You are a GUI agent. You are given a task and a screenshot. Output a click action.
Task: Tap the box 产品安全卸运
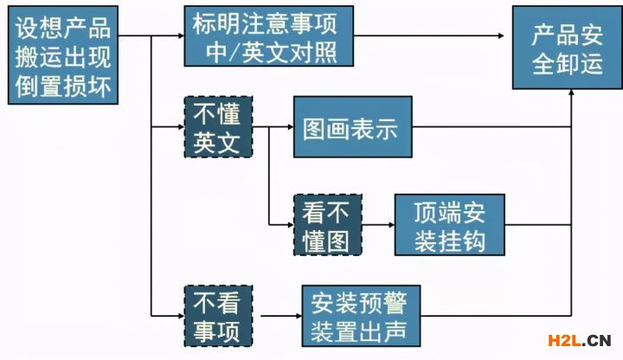[567, 48]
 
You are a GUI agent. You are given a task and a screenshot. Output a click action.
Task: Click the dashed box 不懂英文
[216, 127]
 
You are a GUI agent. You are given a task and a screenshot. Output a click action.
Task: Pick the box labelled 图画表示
[351, 128]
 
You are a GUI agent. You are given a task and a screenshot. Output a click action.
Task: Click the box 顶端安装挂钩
[449, 223]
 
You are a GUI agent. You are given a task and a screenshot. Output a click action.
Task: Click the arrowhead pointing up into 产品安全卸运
[572, 95]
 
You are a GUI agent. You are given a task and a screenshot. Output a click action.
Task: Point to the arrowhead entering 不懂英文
[178, 128]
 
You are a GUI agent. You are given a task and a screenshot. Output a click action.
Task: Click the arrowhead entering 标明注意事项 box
[178, 36]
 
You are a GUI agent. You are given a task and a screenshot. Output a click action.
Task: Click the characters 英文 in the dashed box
[216, 141]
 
